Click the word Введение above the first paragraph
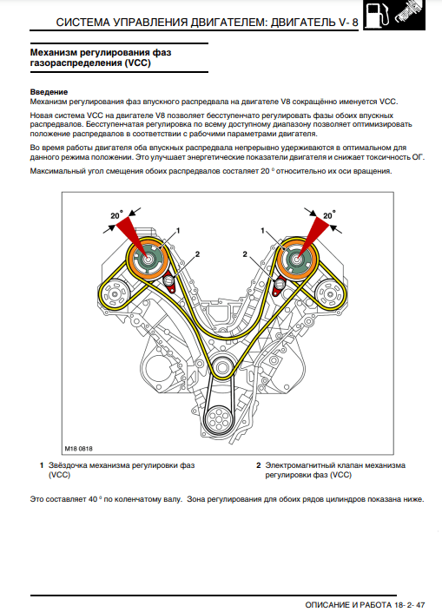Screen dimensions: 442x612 pyautogui.click(x=49, y=92)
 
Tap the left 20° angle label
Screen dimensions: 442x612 pyautogui.click(x=116, y=215)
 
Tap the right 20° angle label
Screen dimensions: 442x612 pyautogui.click(x=329, y=215)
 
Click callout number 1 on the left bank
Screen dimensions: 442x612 pyautogui.click(x=178, y=231)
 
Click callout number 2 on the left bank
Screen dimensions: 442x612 pyautogui.click(x=197, y=254)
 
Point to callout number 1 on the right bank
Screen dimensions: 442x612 pyautogui.click(x=263, y=231)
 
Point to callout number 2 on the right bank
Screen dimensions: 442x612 pyautogui.click(x=245, y=254)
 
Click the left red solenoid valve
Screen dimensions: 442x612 pyautogui.click(x=169, y=282)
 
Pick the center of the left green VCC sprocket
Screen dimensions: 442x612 pyautogui.click(x=148, y=258)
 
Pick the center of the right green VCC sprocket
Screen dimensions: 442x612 pyautogui.click(x=297, y=258)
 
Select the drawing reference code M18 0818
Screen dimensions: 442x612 pyautogui.click(x=78, y=449)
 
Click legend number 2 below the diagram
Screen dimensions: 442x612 pyautogui.click(x=259, y=465)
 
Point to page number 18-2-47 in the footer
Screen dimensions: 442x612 pyautogui.click(x=409, y=604)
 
